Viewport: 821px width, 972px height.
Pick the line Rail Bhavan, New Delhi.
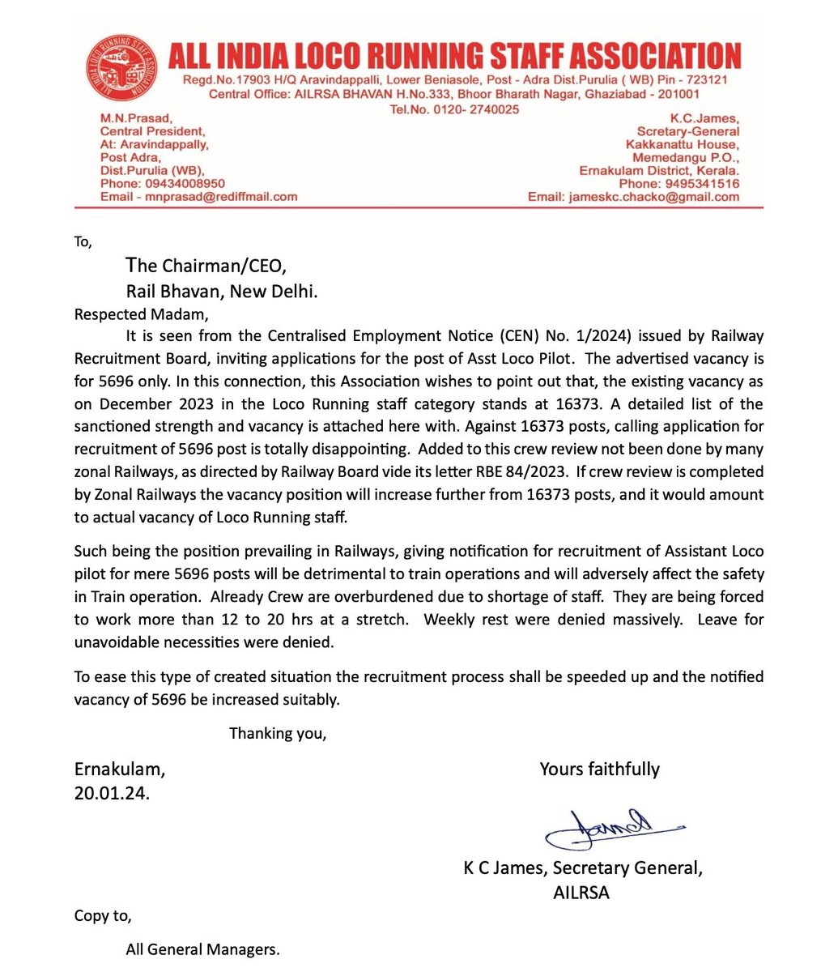(221, 292)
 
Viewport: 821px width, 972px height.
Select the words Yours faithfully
(599, 769)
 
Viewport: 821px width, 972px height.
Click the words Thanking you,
(278, 734)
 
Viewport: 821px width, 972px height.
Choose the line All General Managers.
(202, 949)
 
